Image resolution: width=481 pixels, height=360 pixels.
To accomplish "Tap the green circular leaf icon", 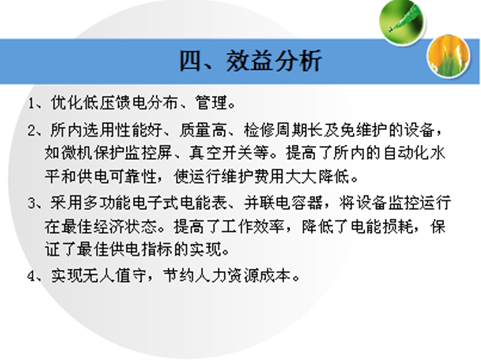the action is click(401, 22).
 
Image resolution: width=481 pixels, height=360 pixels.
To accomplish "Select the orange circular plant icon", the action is click(448, 56).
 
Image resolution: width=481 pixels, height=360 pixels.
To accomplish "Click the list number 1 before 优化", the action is click(30, 103).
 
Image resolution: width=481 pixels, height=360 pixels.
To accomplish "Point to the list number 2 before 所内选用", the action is click(32, 131).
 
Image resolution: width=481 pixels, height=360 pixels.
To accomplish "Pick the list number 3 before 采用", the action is click(32, 203).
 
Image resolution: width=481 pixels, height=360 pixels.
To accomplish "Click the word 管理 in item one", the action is click(211, 102).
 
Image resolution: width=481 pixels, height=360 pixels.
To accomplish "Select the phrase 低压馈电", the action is click(115, 102).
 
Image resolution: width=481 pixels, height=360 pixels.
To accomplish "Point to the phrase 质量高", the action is click(203, 130).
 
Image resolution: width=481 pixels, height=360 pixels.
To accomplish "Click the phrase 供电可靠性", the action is click(117, 177).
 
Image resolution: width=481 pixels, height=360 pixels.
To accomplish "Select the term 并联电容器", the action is click(283, 203).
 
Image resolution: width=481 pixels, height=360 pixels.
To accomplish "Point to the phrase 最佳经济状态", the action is click(109, 227).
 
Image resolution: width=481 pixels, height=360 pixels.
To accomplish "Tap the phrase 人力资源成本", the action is click(243, 276).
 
